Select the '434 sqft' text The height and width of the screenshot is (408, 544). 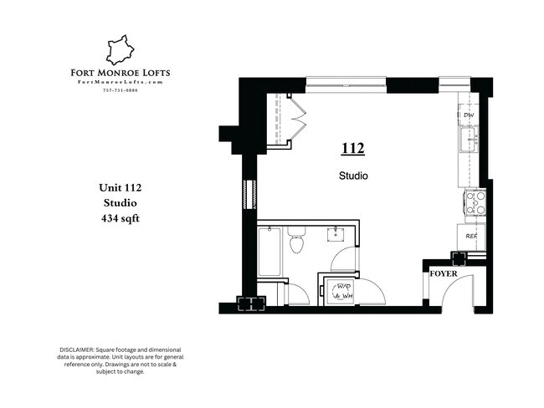point(120,220)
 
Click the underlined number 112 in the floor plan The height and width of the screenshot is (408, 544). point(352,149)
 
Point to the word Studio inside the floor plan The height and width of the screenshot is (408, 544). point(353,176)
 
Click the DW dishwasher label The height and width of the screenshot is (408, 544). point(470,115)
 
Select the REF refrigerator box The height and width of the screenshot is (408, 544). point(470,236)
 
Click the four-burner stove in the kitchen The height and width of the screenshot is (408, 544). point(475,203)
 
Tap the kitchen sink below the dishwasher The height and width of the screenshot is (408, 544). point(470,138)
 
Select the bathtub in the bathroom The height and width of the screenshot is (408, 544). point(269,251)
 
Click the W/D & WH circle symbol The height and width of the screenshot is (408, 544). point(341,291)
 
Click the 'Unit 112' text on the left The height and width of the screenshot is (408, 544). point(120,186)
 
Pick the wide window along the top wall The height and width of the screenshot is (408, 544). point(345,82)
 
